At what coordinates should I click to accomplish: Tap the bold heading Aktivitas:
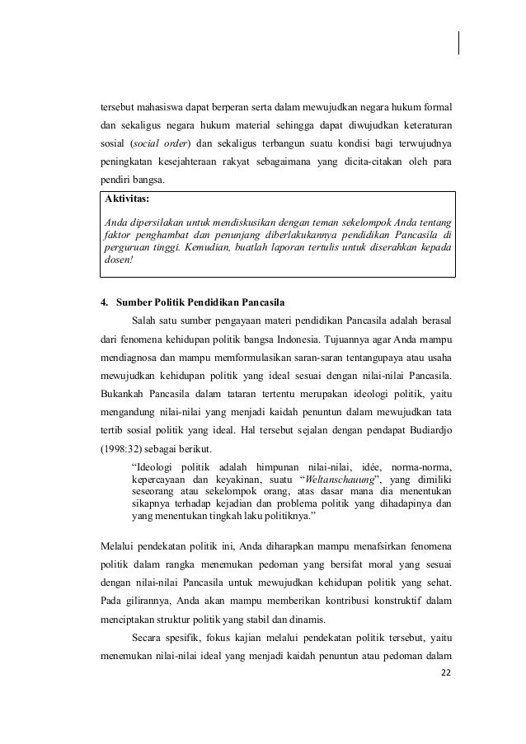(127, 199)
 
